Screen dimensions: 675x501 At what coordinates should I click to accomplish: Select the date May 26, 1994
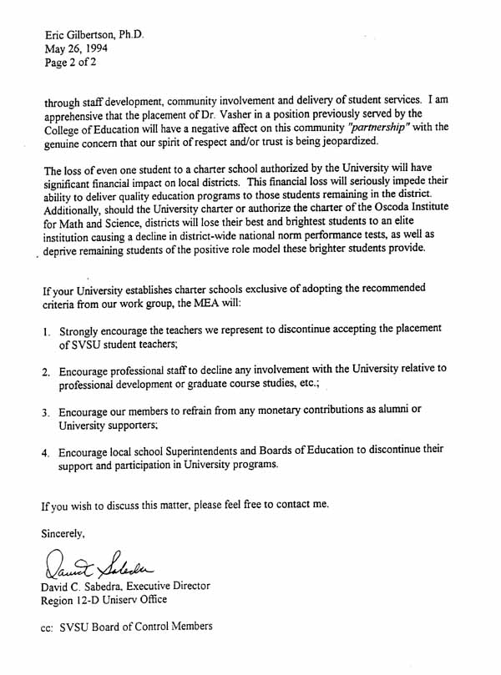tap(76, 49)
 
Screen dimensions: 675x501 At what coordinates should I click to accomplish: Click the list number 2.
tap(46, 371)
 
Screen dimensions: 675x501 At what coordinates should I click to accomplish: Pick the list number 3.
tap(46, 413)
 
